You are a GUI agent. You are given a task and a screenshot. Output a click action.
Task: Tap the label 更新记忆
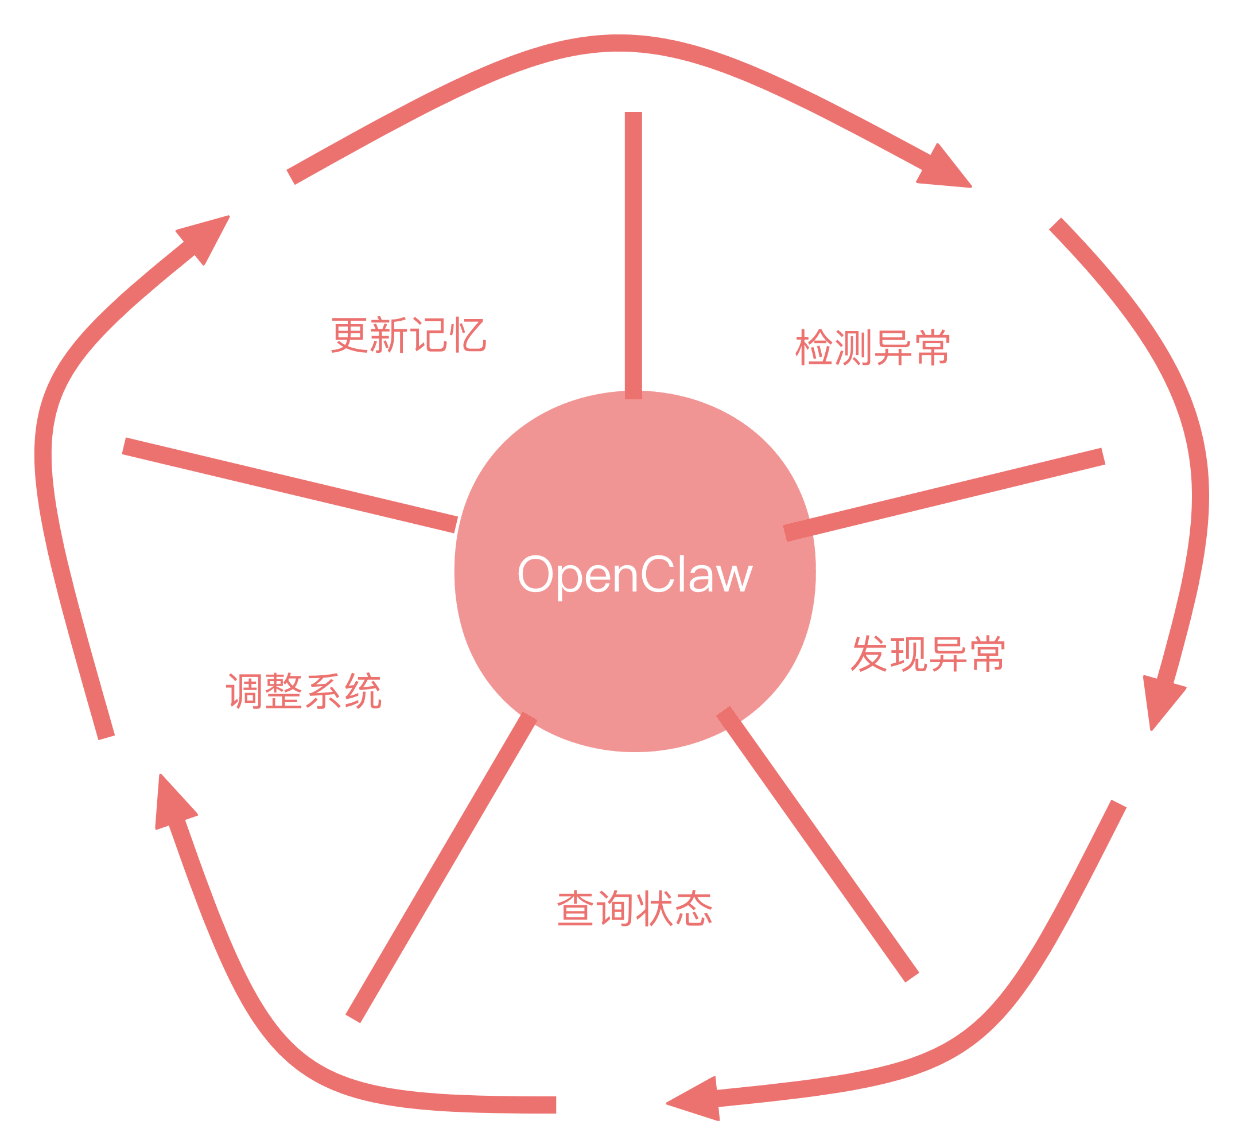click(409, 335)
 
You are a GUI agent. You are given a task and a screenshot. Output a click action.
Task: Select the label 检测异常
click(873, 347)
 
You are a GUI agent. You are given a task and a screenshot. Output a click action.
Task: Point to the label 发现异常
click(927, 653)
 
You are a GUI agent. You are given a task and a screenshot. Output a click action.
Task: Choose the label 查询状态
click(635, 908)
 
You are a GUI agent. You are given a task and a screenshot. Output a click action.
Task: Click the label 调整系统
click(304, 690)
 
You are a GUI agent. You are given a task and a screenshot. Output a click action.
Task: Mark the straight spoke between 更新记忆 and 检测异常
click(634, 255)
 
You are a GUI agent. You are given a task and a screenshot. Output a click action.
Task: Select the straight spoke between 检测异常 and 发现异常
click(944, 495)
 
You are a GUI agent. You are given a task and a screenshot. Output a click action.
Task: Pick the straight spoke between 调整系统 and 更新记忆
click(290, 485)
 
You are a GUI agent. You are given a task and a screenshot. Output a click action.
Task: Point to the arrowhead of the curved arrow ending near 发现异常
click(1163, 702)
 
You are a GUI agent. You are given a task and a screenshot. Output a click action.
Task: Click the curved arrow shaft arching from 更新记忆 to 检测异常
click(619, 44)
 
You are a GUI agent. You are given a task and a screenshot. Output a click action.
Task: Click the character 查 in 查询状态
click(576, 908)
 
